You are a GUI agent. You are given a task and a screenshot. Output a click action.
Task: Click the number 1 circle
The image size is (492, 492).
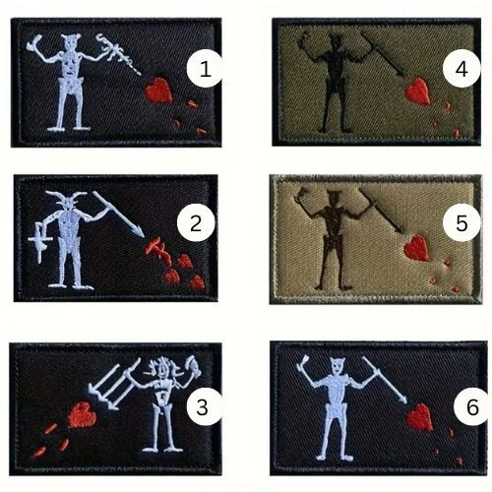click(x=205, y=69)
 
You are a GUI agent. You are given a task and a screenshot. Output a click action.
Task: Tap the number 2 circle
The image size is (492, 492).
click(x=195, y=224)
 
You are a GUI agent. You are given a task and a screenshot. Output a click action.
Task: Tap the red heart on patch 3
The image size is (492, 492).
click(x=83, y=415)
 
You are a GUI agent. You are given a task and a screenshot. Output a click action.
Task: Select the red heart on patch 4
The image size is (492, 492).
click(x=419, y=92)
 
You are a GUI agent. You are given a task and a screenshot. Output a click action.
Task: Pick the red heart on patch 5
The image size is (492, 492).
click(x=416, y=247)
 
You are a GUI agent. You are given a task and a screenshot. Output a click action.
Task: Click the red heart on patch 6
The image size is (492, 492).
click(x=419, y=416)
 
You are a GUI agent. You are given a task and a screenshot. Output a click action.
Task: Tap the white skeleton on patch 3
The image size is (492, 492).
click(x=163, y=403)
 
